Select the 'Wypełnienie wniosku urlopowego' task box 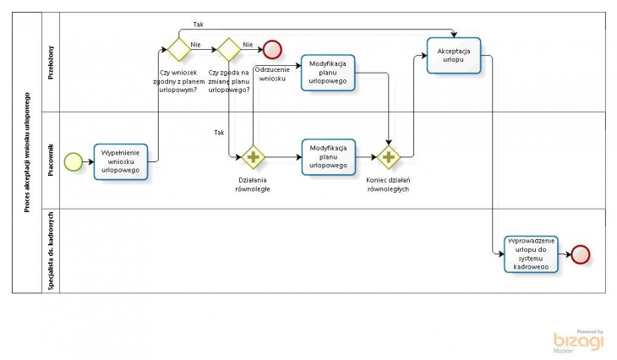coord(121,161)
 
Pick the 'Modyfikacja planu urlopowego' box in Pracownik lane coord(328,157)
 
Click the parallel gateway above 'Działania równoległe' coord(253,157)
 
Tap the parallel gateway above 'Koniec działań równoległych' coord(389,157)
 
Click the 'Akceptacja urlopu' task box coord(454,56)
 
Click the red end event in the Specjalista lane coord(581,254)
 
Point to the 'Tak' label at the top coord(198,25)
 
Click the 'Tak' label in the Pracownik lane coord(219,133)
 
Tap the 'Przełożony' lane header coord(51,62)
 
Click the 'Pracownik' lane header coord(51,159)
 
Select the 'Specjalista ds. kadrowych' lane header coord(51,250)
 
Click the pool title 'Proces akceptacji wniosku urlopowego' coord(27,152)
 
